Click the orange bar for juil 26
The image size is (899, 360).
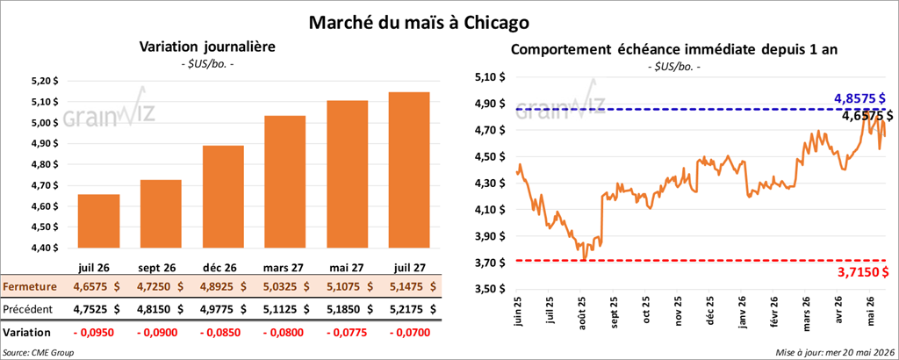pos(98,221)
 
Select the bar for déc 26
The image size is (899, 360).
pos(223,197)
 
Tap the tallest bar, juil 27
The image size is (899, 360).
pos(409,170)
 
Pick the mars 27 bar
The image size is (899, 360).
pos(285,182)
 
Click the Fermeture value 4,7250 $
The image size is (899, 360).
pos(160,286)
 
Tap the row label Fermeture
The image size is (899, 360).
pos(29,286)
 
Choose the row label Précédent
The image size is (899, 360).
pos(28,309)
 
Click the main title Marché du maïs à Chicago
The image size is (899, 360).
pos(419,23)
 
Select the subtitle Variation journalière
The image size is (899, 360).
pos(207,47)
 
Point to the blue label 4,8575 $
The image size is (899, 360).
pos(859,99)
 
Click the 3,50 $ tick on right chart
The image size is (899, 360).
pos(486,290)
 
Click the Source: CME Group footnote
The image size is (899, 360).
pos(39,351)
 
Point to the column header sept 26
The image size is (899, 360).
pos(159,269)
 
